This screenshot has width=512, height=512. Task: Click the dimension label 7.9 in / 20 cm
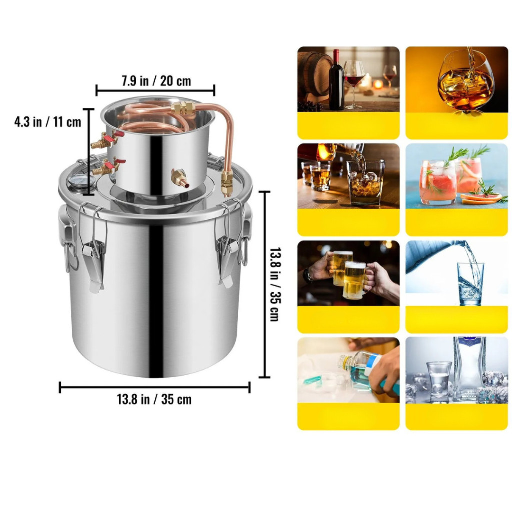(x=156, y=81)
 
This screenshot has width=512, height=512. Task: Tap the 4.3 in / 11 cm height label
(x=47, y=122)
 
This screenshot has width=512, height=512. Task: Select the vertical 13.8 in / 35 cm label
(x=274, y=284)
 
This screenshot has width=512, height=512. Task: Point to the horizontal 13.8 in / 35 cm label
(x=154, y=399)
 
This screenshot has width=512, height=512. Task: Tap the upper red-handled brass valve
(x=105, y=140)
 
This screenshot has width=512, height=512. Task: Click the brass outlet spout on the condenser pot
(x=180, y=179)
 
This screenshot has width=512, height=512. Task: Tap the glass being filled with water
(x=470, y=284)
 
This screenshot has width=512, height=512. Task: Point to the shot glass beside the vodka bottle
(x=438, y=382)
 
